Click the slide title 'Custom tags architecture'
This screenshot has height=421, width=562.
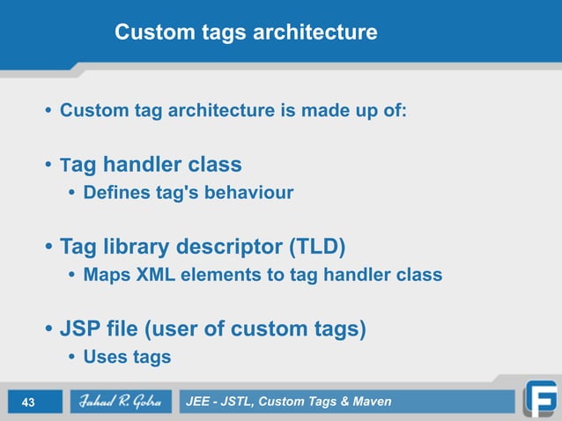(x=246, y=33)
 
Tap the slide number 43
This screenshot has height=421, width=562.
(x=27, y=403)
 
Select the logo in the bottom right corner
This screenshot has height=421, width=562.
(x=539, y=399)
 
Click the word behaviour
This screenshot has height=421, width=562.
(x=250, y=193)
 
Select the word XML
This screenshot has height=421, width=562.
(x=159, y=275)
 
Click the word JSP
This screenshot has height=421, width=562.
(x=80, y=329)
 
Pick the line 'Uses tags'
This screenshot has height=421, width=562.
(x=127, y=357)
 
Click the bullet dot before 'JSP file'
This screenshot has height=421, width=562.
(x=49, y=330)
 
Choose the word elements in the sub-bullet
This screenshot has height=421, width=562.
(x=224, y=275)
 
